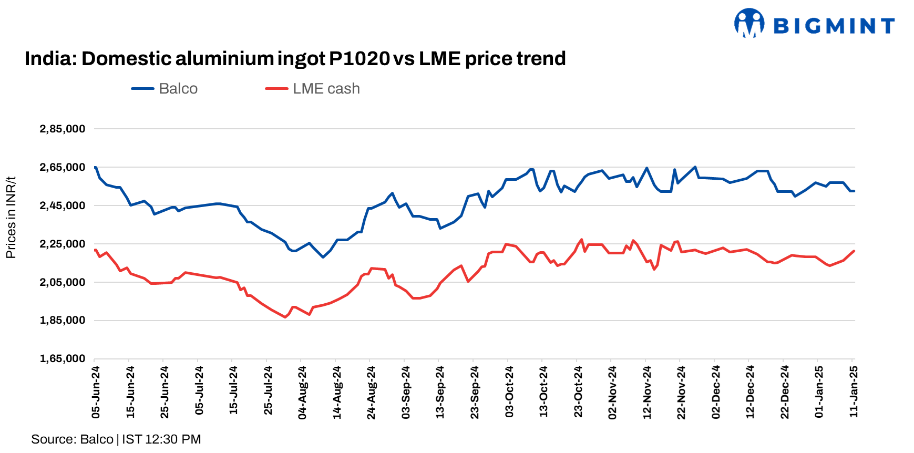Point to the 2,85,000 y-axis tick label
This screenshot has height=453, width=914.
pyautogui.click(x=62, y=129)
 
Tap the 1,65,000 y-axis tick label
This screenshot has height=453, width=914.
pyautogui.click(x=62, y=358)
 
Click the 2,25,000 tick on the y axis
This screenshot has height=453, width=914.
pyautogui.click(x=62, y=244)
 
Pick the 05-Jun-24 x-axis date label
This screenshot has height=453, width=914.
pyautogui.click(x=96, y=392)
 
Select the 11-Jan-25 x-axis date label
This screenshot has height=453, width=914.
pyautogui.click(x=854, y=392)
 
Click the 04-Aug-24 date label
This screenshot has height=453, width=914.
pyautogui.click(x=302, y=392)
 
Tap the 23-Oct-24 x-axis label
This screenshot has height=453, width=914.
pyautogui.click(x=578, y=392)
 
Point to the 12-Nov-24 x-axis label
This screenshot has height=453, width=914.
pyautogui.click(x=647, y=392)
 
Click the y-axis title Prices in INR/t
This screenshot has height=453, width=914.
pyautogui.click(x=11, y=218)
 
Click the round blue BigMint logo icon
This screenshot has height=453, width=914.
pyautogui.click(x=749, y=23)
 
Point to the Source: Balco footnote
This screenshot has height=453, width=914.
pyautogui.click(x=116, y=439)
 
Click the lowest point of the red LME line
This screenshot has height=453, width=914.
pyautogui.click(x=285, y=317)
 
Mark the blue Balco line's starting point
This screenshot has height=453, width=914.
pyautogui.click(x=95, y=167)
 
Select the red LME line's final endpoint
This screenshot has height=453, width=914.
pyautogui.click(x=854, y=251)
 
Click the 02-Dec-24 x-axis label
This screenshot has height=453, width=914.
pyautogui.click(x=716, y=392)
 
